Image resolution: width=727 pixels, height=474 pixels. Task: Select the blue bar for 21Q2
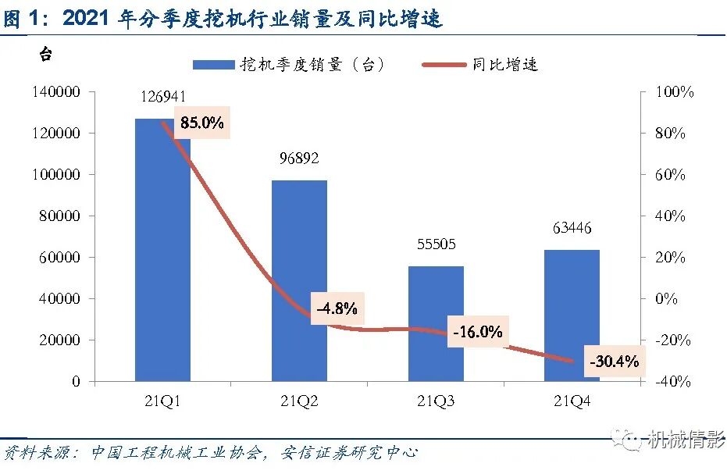click(x=299, y=281)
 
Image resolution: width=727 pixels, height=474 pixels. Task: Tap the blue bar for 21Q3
click(x=436, y=324)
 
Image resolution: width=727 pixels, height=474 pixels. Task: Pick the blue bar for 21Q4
click(x=572, y=315)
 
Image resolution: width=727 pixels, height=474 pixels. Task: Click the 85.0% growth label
click(x=202, y=123)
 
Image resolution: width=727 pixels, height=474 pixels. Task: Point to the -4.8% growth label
click(x=337, y=308)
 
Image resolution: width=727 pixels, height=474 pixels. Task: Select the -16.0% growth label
click(x=477, y=332)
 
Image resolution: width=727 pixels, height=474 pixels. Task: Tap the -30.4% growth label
click(x=615, y=362)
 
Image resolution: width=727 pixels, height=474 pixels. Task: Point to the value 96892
click(x=299, y=159)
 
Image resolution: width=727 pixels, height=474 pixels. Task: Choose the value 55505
click(x=436, y=244)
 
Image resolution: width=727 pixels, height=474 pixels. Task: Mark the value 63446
click(x=572, y=229)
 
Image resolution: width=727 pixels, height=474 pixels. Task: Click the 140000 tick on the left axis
click(x=57, y=92)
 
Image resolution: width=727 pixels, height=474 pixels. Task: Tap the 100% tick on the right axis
click(x=674, y=92)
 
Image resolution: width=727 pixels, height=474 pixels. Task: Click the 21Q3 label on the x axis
click(x=436, y=401)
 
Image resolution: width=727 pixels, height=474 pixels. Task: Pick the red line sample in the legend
click(x=444, y=65)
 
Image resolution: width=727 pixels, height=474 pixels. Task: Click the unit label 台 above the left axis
click(x=46, y=55)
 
